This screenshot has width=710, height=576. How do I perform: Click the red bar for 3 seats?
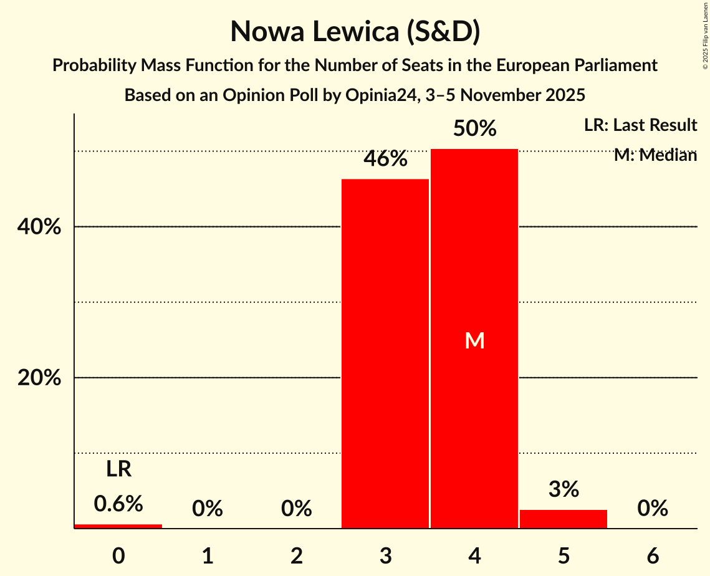pyautogui.click(x=385, y=353)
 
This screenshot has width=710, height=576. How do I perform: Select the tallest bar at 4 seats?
pyautogui.click(x=474, y=338)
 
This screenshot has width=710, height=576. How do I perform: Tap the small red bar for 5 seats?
pyautogui.click(x=564, y=519)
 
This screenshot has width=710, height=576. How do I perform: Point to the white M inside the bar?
pyautogui.click(x=475, y=340)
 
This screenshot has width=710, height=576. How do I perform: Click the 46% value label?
pyautogui.click(x=385, y=160)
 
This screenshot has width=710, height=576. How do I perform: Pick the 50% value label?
pyautogui.click(x=474, y=129)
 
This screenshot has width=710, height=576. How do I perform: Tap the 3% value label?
pyautogui.click(x=564, y=490)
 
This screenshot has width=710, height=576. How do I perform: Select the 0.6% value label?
pyautogui.click(x=118, y=504)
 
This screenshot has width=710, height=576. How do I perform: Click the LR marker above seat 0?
pyautogui.click(x=118, y=469)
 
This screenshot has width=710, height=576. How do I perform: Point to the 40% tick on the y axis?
pyautogui.click(x=39, y=228)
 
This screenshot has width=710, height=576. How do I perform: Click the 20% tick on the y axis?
pyautogui.click(x=39, y=378)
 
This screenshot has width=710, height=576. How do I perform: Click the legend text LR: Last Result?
pyautogui.click(x=640, y=125)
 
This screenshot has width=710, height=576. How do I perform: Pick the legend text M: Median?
pyautogui.click(x=655, y=155)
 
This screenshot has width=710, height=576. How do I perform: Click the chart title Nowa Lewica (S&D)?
pyautogui.click(x=355, y=32)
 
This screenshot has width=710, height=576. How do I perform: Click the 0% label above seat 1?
pyautogui.click(x=208, y=509)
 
